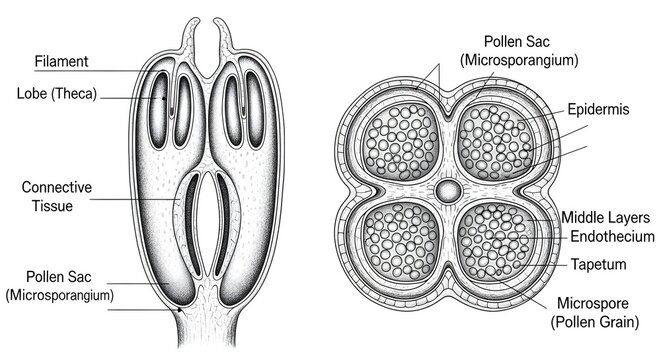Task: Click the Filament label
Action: pos(61,61)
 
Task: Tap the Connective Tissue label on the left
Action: pos(57,196)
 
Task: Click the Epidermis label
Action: pos(598,110)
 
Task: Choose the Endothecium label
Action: pos(612,237)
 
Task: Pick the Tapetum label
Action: pos(598,265)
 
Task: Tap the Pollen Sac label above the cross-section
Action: pos(519,50)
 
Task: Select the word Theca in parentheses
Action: pos(74,94)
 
